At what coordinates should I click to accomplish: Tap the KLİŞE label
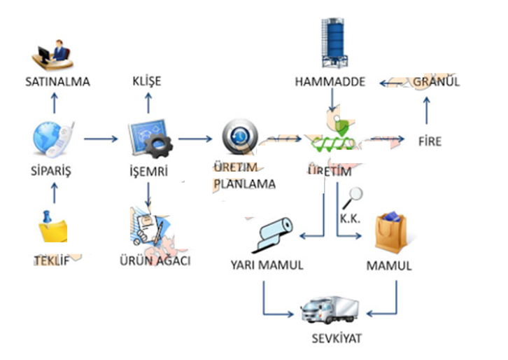[x=147, y=82]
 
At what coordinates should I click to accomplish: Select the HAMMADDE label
[x=330, y=82]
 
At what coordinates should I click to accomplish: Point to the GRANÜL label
[x=436, y=82]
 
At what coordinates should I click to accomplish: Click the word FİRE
[x=430, y=141]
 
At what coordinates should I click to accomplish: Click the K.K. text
[x=350, y=219]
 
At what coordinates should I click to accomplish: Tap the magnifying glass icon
[x=355, y=195]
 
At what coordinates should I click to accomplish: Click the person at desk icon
[x=54, y=53]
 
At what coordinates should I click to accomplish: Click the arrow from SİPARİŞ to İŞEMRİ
[x=101, y=139]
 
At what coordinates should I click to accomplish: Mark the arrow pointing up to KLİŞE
[x=147, y=104]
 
